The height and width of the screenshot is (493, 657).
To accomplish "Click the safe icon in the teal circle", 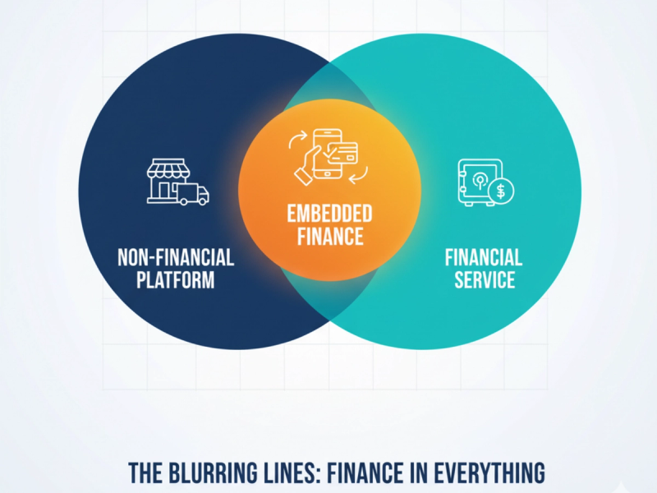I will pos(474,182).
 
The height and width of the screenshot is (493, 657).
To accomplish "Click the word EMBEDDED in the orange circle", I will pos(329,214).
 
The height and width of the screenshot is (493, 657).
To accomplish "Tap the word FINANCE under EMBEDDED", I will pos(329,237).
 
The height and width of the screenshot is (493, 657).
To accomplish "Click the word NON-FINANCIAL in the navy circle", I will pos(176,257).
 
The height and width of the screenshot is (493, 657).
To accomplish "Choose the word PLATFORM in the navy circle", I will pos(176,280).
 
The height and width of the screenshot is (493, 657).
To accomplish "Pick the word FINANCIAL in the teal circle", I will pos(484,257).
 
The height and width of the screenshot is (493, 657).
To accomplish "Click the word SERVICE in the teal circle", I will pos(484,280).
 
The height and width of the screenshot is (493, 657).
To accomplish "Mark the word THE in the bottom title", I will pos(149,473).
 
